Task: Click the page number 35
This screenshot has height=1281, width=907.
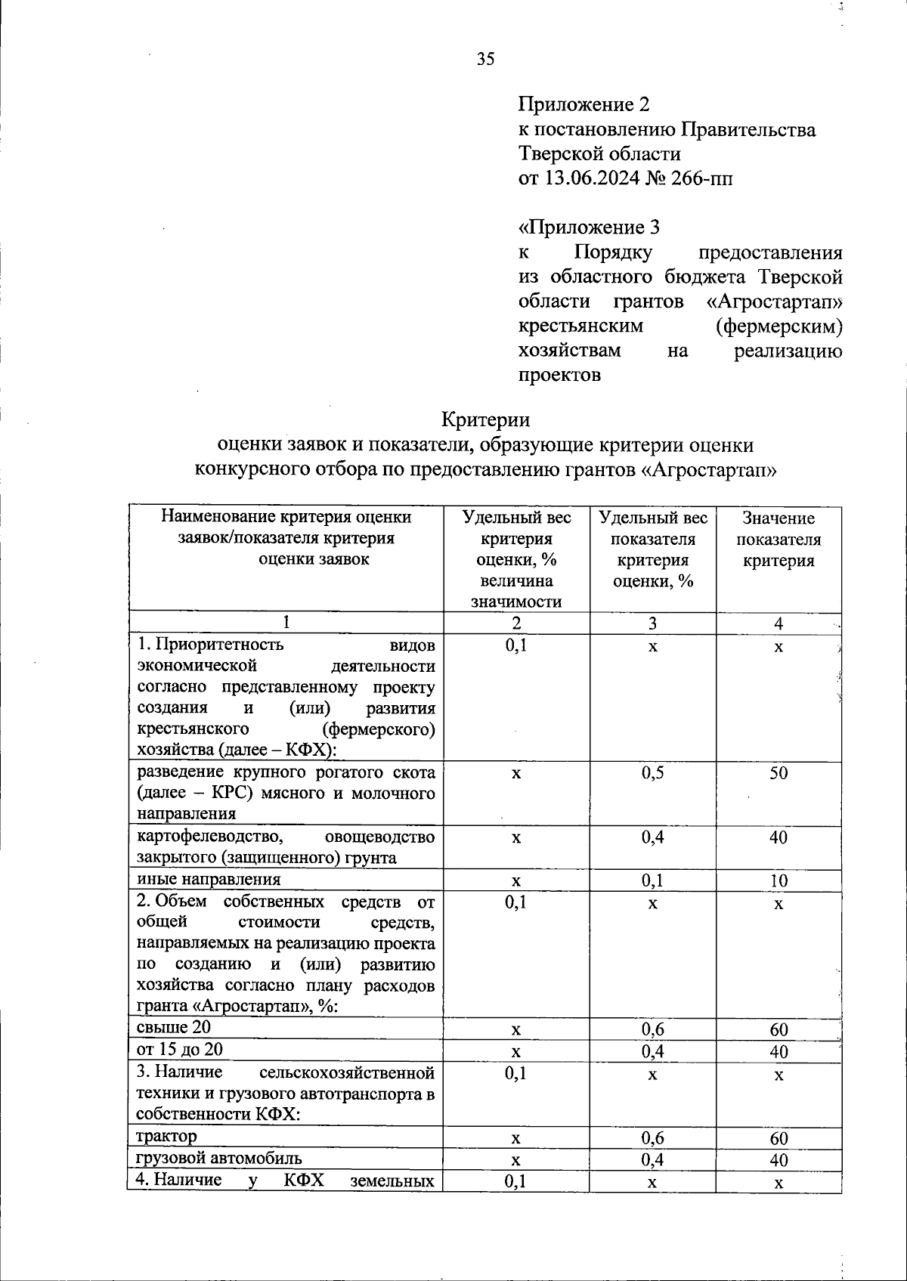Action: (x=485, y=59)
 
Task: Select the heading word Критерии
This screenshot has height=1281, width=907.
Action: (x=485, y=419)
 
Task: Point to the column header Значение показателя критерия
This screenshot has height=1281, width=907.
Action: (x=778, y=540)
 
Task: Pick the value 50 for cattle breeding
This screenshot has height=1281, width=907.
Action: (x=778, y=772)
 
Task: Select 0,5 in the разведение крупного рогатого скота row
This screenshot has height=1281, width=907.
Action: (x=652, y=772)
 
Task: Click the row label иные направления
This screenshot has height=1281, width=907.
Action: (x=209, y=879)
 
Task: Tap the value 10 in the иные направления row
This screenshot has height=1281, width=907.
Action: (x=778, y=880)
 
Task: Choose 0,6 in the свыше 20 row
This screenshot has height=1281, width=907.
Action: (x=652, y=1029)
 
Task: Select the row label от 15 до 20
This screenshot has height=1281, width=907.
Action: (x=180, y=1049)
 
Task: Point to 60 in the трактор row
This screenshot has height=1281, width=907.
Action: (x=778, y=1138)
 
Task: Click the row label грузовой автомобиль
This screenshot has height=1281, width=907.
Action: (x=219, y=1158)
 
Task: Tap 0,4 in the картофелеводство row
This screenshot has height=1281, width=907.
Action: (x=652, y=837)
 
